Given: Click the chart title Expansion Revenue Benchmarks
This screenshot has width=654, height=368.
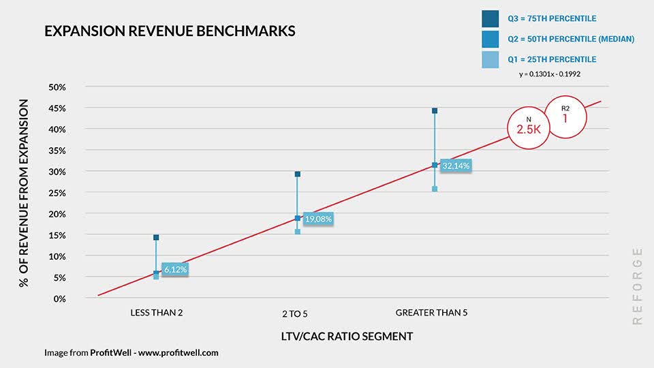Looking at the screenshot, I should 170,31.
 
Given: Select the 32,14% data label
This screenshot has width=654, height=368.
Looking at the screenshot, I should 456,166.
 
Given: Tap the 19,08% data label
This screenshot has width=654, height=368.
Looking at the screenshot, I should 318,219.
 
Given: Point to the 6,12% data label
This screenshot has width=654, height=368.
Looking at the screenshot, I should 175,270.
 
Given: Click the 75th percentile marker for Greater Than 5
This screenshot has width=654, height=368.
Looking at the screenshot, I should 435,110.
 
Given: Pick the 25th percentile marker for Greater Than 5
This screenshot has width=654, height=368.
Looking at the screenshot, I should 435,189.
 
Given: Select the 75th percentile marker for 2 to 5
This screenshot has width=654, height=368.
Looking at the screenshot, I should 298,174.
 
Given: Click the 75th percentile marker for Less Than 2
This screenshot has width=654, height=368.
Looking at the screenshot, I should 156,237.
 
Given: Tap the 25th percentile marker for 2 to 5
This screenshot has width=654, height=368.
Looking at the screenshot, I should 298,232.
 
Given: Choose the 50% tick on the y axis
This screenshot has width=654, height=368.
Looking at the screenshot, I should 57,87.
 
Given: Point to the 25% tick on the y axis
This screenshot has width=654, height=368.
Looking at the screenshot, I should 57,193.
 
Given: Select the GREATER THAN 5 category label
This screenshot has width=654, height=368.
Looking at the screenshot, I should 431,313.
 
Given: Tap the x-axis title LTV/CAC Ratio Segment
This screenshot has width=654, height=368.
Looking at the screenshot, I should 347,337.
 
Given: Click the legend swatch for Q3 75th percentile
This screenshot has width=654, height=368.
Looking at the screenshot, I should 490,19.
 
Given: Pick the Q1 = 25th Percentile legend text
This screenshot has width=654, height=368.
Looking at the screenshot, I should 552,59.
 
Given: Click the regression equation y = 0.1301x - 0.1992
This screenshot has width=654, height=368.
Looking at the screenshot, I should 550,74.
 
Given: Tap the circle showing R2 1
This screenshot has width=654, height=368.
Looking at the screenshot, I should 565,115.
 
